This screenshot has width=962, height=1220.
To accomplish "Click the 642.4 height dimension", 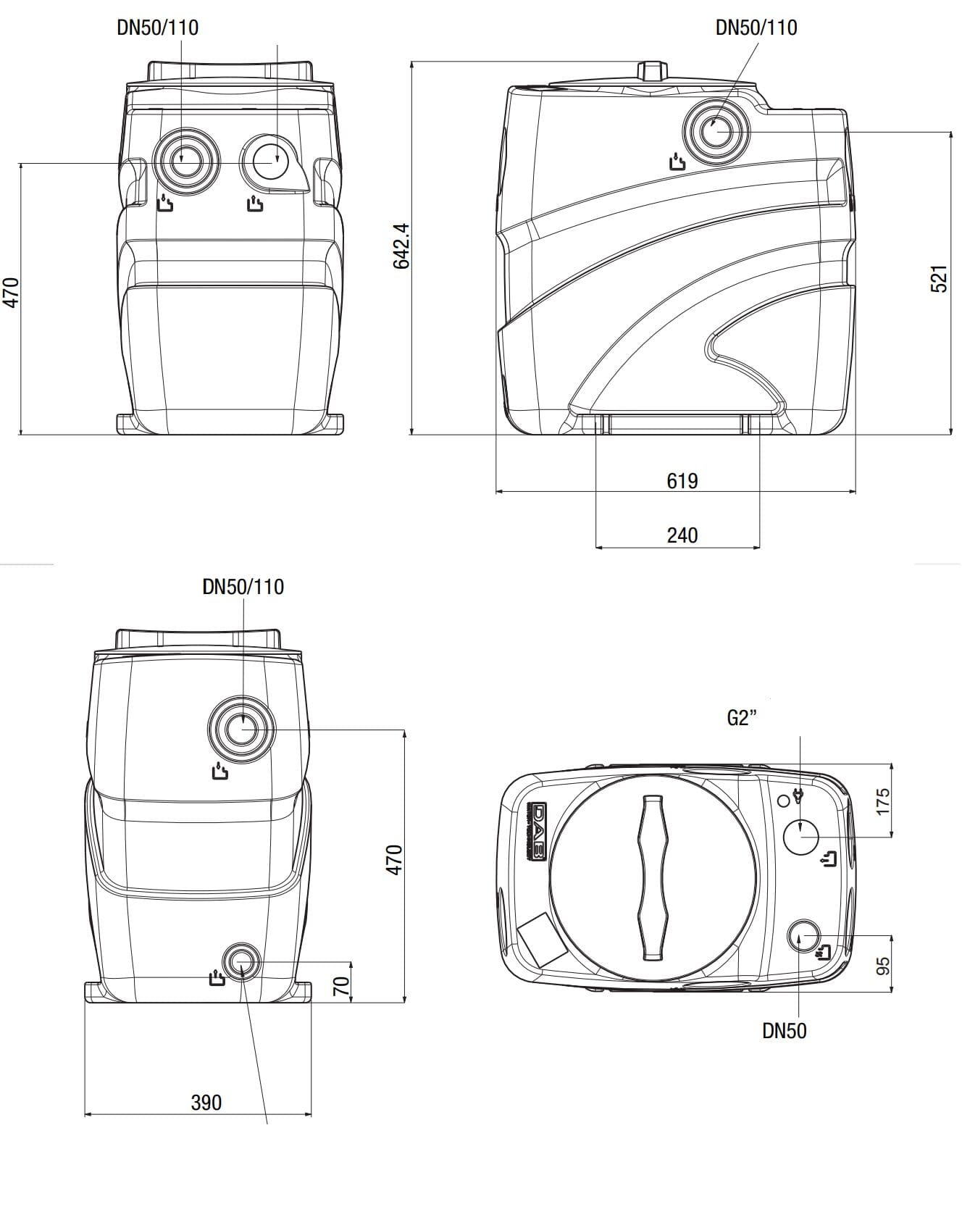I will (401, 246).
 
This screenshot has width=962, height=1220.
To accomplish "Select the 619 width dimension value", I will (682, 480).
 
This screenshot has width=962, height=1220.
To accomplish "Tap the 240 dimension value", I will (682, 535).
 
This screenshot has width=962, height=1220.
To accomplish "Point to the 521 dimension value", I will (938, 279).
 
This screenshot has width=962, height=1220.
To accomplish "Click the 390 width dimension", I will (206, 1103).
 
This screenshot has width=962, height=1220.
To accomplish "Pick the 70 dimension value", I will (341, 985).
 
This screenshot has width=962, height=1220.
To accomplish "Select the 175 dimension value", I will (882, 802).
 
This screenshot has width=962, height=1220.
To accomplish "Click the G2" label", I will (742, 718).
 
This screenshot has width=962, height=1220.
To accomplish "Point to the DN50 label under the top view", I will (784, 1031).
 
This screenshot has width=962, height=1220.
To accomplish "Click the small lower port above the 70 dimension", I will (240, 962).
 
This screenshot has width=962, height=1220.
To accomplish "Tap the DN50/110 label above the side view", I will (756, 28).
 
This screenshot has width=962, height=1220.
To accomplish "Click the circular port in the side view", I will (715, 132).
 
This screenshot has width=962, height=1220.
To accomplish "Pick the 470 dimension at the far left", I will (12, 292).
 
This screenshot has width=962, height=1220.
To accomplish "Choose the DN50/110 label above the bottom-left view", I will (243, 586).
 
